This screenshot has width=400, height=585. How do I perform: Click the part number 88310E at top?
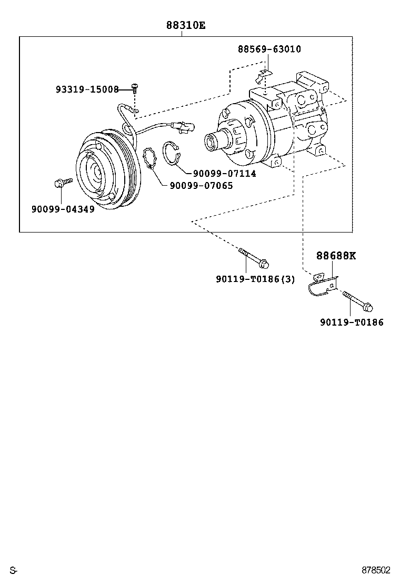point(182,25)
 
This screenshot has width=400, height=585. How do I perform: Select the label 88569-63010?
point(269,49)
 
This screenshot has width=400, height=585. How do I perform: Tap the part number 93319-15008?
point(87,89)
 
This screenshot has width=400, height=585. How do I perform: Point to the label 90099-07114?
point(224,174)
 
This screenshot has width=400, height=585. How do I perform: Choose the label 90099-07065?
point(201,186)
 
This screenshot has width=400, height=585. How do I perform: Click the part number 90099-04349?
point(63,209)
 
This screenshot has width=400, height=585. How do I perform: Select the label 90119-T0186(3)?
point(255,279)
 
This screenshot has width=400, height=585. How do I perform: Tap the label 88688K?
point(336,256)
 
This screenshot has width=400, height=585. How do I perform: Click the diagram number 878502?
point(375,570)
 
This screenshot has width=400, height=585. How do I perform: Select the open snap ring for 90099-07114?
point(172,153)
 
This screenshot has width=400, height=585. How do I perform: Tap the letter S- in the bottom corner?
point(13,570)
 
